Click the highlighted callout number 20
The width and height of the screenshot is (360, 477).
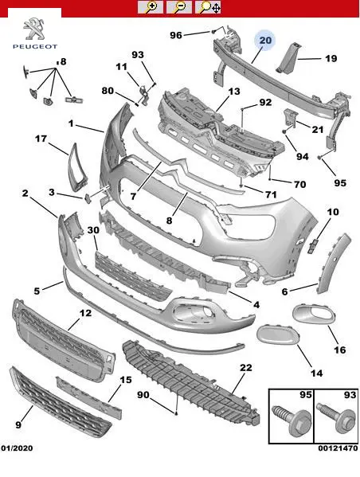click(x=265, y=41)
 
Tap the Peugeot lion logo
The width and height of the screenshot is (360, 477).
click(x=34, y=29)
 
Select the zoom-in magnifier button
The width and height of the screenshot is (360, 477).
click(x=150, y=7)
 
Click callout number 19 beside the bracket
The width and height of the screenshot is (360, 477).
click(x=331, y=58)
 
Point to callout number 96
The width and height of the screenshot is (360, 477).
click(x=175, y=35)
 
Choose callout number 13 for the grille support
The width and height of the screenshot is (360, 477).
click(x=234, y=92)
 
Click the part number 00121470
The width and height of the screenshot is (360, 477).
click(x=338, y=448)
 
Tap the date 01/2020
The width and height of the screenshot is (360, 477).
click(x=17, y=448)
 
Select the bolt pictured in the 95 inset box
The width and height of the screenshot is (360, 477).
click(x=291, y=420)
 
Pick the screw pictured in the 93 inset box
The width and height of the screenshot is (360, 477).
click(x=336, y=416)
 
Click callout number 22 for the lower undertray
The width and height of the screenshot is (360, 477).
click(x=246, y=367)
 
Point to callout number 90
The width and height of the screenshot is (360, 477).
click(x=143, y=394)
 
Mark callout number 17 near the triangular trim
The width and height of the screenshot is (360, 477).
click(x=41, y=139)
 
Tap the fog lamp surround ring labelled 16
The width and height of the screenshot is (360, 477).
click(x=314, y=315)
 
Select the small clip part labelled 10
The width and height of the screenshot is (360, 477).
click(x=313, y=245)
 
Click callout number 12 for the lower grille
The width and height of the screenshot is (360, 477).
click(x=85, y=313)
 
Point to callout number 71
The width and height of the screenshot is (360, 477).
click(x=271, y=194)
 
